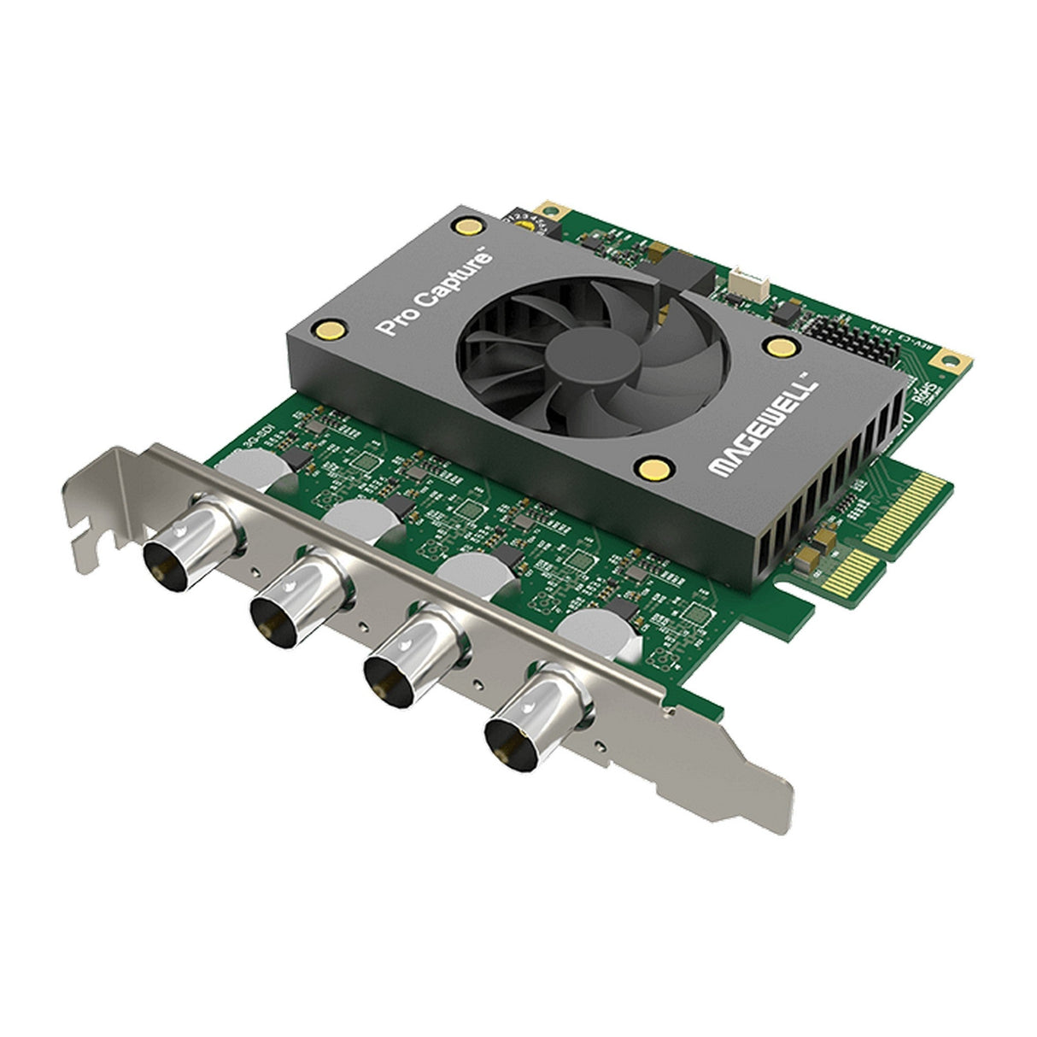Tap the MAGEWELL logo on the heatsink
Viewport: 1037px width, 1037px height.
(763, 424)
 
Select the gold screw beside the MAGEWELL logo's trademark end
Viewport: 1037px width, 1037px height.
(779, 345)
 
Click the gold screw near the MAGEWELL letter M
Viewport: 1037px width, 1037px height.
(652, 466)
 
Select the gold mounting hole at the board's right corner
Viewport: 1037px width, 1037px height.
(946, 362)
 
